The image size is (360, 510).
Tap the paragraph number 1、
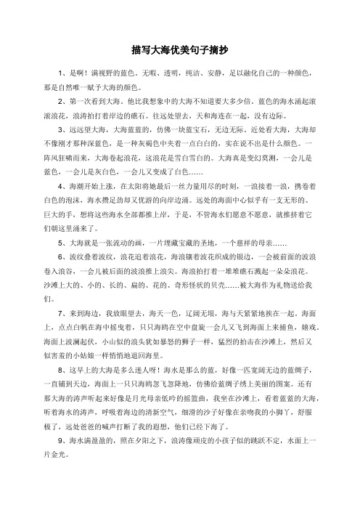(x=63, y=74)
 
